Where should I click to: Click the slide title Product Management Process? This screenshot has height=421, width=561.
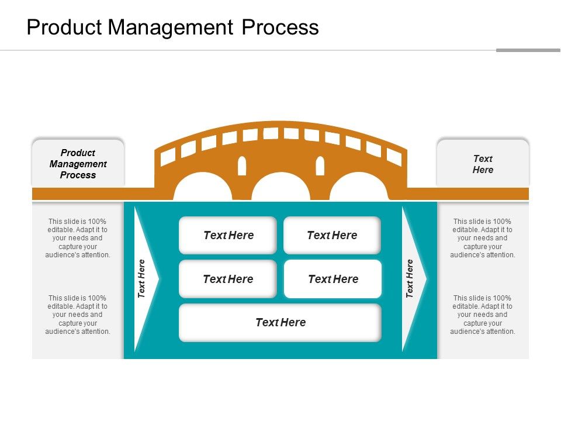(173, 27)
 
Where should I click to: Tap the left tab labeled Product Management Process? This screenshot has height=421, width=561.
(78, 164)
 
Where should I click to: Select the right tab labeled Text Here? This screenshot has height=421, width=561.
(483, 164)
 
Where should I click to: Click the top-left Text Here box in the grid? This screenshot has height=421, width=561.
(228, 235)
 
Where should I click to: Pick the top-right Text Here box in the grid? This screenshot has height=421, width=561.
(332, 235)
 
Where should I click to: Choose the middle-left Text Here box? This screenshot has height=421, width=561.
(228, 279)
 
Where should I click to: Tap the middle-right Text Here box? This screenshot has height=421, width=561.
(333, 279)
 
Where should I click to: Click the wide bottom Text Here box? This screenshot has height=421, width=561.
(280, 322)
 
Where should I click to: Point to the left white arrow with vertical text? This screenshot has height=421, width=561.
(143, 279)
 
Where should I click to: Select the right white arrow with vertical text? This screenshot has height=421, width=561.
(411, 279)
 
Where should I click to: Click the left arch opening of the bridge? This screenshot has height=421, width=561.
(194, 188)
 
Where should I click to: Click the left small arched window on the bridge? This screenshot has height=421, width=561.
(242, 166)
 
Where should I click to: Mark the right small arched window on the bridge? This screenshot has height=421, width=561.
(320, 166)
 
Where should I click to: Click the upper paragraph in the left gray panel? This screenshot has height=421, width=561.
(78, 238)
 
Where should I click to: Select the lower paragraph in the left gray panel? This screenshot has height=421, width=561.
(78, 315)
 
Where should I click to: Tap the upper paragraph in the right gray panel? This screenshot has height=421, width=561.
(483, 238)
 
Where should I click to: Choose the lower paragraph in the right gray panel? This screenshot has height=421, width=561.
(483, 315)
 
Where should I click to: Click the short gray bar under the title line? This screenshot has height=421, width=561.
(528, 50)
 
